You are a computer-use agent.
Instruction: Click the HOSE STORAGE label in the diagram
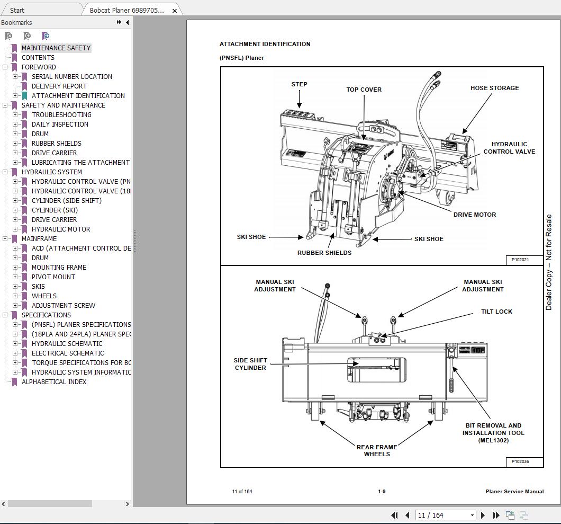pos(494,88)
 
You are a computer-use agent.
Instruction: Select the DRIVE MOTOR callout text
pos(475,215)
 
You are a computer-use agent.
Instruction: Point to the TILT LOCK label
pos(496,312)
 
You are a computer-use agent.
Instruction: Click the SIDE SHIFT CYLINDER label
pos(250,364)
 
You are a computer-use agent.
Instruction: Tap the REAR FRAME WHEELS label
pos(377,450)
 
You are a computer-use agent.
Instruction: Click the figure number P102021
pos(520,260)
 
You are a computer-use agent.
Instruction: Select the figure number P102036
pos(520,461)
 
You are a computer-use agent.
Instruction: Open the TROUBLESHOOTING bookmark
pos(61,114)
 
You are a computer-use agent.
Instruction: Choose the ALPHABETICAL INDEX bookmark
pos(54,381)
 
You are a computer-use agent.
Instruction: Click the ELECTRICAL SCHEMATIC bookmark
pos(68,353)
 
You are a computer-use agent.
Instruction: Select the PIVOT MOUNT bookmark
pos(53,277)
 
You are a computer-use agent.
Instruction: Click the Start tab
pos(17,10)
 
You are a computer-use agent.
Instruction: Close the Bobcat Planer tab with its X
pos(175,11)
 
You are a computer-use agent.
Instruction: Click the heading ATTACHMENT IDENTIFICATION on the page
pos(265,44)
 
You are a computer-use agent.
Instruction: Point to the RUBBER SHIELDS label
pos(324,253)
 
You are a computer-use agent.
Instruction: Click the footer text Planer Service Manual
pos(514,491)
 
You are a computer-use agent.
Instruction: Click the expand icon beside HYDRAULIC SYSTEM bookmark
pos(5,172)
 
